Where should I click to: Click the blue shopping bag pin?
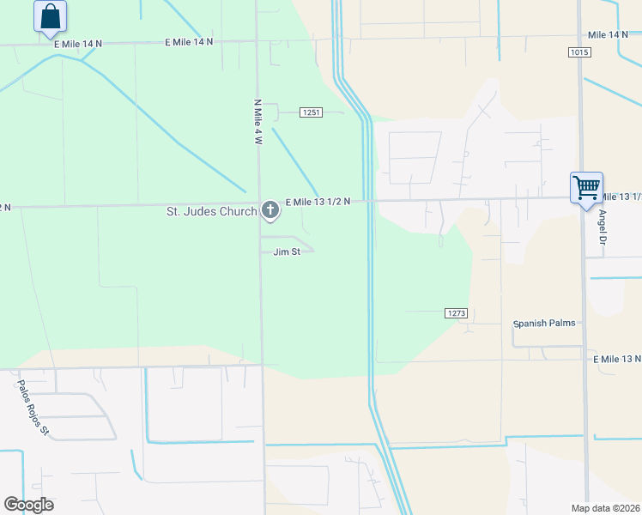(x=51, y=16)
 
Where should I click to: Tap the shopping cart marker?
(x=586, y=187)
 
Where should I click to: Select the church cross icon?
(x=270, y=210)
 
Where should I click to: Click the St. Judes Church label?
(x=211, y=211)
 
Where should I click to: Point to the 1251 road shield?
(x=311, y=112)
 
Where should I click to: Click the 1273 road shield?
(x=456, y=313)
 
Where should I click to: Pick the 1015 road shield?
(x=579, y=52)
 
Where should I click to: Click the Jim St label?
(x=287, y=251)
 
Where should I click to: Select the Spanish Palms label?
(x=544, y=324)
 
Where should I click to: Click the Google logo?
(x=28, y=505)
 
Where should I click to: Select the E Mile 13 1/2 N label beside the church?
(x=318, y=202)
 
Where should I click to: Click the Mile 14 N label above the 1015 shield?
(x=609, y=34)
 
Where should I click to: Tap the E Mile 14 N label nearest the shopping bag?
(x=77, y=43)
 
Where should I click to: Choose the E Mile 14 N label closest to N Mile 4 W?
(x=189, y=41)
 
